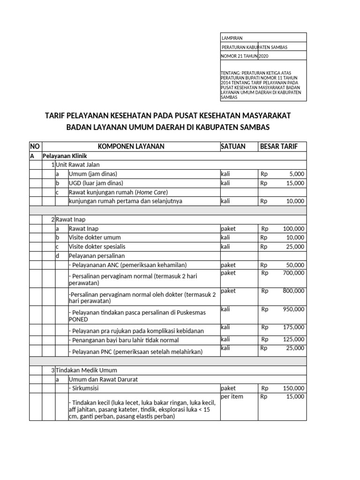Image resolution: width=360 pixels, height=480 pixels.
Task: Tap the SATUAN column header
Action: coord(233,147)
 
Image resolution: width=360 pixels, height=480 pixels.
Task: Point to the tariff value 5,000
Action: coord(297,174)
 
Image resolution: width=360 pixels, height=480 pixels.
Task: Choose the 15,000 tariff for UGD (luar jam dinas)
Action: coord(295,183)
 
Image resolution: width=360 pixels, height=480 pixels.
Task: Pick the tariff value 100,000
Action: coord(293,229)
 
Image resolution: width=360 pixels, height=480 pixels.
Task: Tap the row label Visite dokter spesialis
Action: coord(97,247)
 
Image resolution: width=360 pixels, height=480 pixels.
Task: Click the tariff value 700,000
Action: coord(293,273)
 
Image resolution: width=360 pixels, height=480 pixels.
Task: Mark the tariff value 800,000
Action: coord(293,291)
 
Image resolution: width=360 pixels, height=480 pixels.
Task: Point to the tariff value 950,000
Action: coord(293,309)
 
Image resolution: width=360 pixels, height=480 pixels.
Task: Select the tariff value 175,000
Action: coord(293,327)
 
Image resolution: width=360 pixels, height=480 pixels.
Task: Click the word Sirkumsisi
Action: coord(85,389)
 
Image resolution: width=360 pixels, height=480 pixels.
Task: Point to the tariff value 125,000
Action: coord(293,339)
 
